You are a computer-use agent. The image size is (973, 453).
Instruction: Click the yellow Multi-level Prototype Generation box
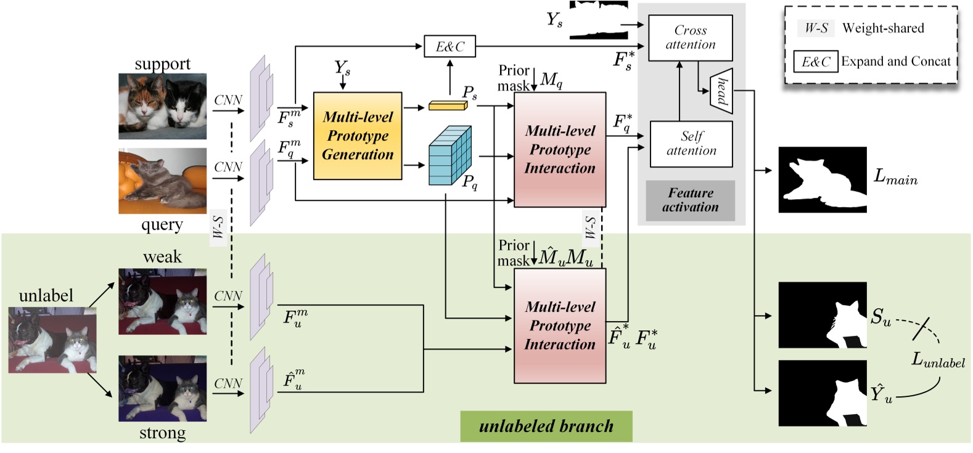[x=358, y=136]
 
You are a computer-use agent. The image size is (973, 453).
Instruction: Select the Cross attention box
[x=690, y=38]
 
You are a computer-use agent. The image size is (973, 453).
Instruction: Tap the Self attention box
[x=691, y=144]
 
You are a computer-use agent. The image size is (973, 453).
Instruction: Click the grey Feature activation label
[x=690, y=200]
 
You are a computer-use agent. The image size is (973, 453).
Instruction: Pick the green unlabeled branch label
[x=546, y=426]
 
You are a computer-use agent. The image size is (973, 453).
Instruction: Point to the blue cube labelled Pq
[x=450, y=155]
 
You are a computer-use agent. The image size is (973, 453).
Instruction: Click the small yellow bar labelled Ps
[x=448, y=107]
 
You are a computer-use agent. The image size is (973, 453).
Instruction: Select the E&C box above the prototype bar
[x=450, y=47]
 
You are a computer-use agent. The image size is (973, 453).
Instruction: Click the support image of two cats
[x=163, y=106]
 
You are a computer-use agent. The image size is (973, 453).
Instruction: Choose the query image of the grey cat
[x=163, y=181]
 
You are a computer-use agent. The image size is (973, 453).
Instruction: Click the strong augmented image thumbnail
[x=163, y=388]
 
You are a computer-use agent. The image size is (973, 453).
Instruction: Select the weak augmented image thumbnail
[x=163, y=301]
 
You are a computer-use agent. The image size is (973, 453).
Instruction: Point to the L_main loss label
[x=895, y=178]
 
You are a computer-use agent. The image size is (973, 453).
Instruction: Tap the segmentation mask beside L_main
[x=823, y=179]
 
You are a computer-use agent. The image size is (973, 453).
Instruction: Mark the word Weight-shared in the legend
[x=883, y=28]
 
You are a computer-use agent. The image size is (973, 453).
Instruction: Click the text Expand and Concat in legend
[x=896, y=62]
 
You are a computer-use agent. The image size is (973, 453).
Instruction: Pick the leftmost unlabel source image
[x=52, y=340]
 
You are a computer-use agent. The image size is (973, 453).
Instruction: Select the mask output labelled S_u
[x=823, y=315]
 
